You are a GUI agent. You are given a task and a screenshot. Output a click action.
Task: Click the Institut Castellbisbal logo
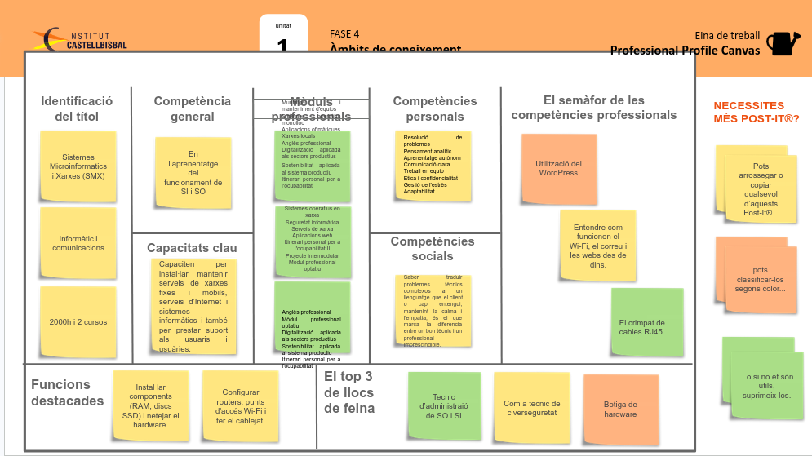[80, 38]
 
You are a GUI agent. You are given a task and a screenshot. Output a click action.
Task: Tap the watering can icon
[783, 43]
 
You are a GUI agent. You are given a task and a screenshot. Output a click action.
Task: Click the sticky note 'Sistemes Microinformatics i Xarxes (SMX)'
[78, 166]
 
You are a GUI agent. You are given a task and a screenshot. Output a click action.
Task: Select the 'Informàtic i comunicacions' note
[78, 243]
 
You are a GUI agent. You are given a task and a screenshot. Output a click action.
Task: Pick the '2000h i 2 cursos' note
[78, 321]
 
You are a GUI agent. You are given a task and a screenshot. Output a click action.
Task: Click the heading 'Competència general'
[192, 108]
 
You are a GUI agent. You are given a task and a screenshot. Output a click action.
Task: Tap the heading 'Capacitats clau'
[192, 247]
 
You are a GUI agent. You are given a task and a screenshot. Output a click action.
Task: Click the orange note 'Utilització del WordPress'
[558, 168]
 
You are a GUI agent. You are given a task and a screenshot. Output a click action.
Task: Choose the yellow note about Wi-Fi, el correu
[597, 246]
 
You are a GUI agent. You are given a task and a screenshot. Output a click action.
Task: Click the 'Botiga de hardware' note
[620, 408]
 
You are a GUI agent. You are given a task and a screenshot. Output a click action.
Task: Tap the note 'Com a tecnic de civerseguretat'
[531, 408]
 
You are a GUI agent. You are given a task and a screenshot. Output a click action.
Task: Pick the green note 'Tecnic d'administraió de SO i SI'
[445, 405]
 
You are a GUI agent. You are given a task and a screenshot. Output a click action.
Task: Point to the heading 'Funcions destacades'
[67, 392]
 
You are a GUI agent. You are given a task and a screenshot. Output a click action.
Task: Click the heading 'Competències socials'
[432, 249]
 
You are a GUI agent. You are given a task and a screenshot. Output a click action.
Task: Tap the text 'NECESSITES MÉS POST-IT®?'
[756, 112]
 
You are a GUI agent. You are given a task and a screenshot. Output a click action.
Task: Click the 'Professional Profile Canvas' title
[685, 51]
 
